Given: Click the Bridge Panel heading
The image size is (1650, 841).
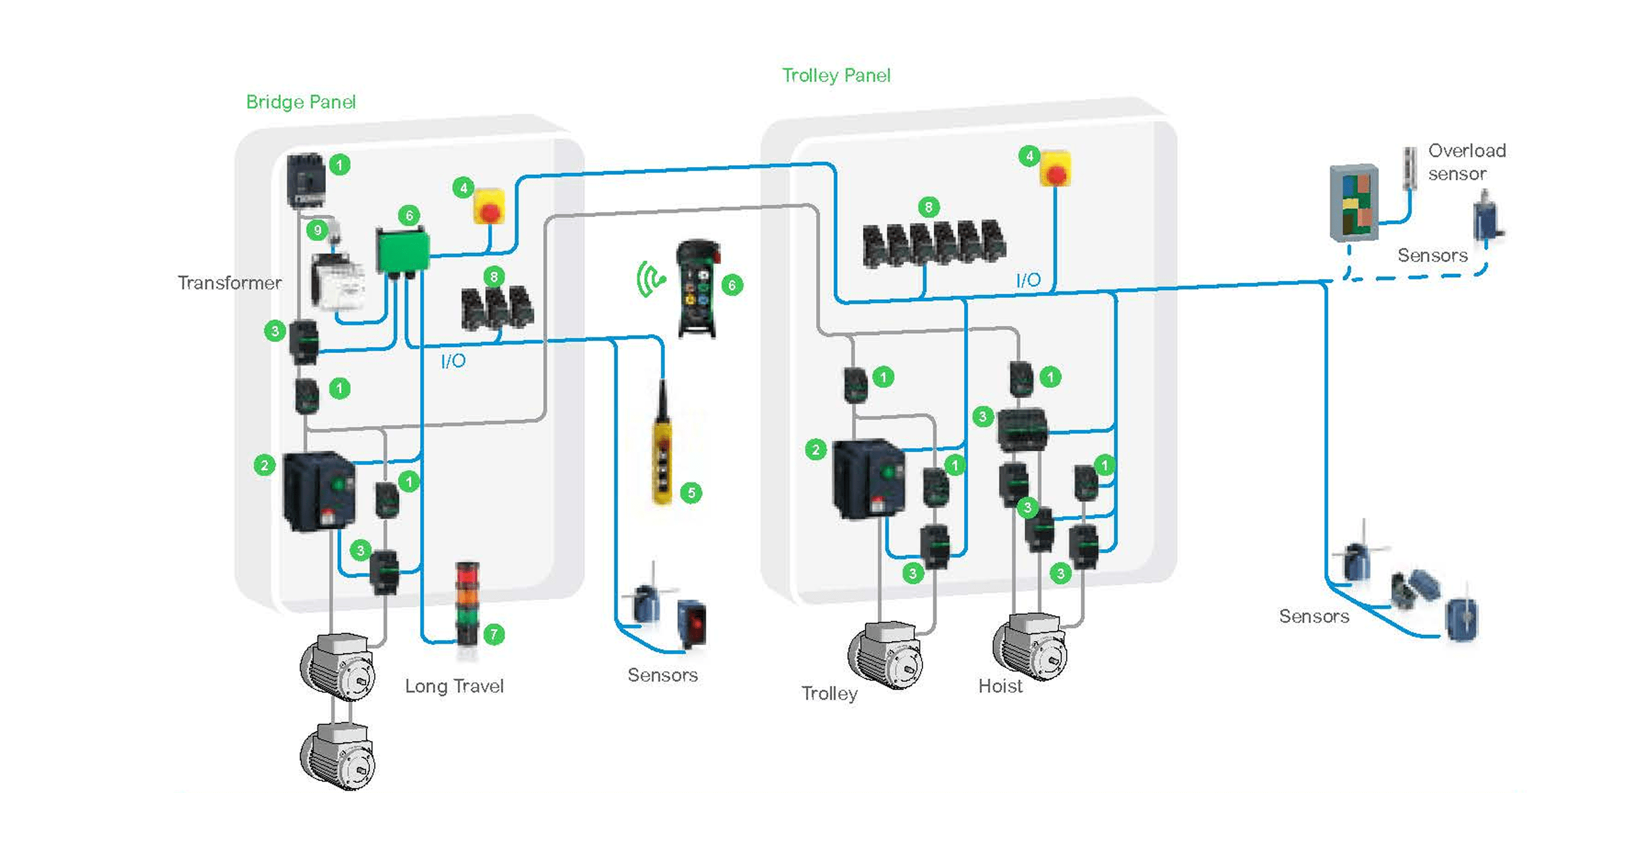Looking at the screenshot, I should (x=301, y=103).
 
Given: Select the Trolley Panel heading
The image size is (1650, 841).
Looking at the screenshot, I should (x=836, y=75).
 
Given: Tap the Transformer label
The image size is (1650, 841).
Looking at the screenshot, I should (x=230, y=283).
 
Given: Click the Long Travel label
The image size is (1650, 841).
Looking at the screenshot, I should (x=454, y=686).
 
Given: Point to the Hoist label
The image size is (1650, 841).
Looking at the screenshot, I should (x=1000, y=686).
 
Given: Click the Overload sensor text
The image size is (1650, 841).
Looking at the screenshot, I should (x=1466, y=163).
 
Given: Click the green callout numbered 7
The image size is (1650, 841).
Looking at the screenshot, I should (x=494, y=634).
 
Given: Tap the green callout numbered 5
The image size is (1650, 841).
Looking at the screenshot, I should (x=691, y=493).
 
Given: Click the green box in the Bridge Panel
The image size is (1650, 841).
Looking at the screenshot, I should (x=402, y=252).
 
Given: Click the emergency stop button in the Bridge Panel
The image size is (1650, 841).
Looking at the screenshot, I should (x=489, y=207).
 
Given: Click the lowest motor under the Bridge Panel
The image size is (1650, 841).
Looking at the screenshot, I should (x=338, y=757).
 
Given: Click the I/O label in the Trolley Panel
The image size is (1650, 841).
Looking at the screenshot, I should (x=1028, y=280).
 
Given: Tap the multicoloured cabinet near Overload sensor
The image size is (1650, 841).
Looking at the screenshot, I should (x=1354, y=202).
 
